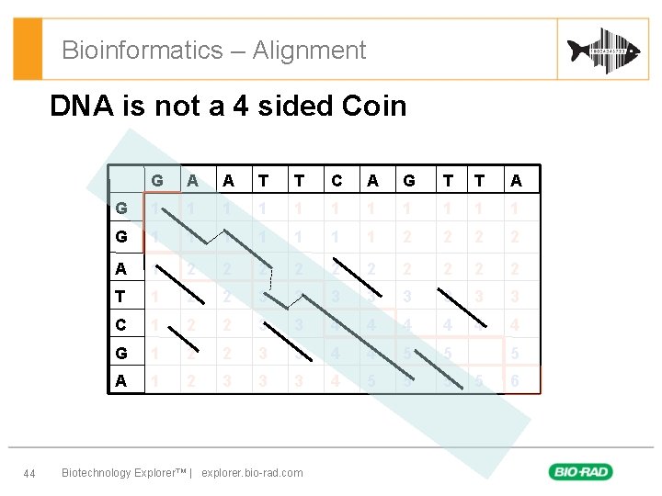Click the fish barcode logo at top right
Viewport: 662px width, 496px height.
pos(603,50)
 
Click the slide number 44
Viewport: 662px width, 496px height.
pos(29,473)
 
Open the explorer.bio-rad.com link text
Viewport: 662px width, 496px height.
pos(252,473)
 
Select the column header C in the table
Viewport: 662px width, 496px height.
pos(337,181)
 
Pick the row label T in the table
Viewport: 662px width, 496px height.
pos(121,297)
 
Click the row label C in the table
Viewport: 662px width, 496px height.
pos(121,324)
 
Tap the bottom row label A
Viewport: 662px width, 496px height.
pos(121,381)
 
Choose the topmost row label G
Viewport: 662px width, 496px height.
pos(121,209)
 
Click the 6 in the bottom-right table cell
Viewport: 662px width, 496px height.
pos(515,381)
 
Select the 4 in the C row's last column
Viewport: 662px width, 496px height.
pos(515,324)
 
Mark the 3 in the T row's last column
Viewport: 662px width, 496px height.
pos(515,297)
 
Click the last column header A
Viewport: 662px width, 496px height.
pos(515,181)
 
